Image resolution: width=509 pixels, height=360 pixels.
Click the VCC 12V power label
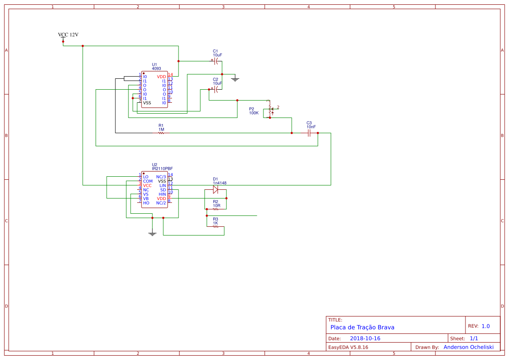click(x=68, y=35)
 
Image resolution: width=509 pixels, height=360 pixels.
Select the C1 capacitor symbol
click(x=216, y=61)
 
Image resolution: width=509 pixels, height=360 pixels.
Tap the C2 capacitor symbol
click(x=216, y=90)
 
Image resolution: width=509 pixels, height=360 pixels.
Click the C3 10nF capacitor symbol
click(x=309, y=133)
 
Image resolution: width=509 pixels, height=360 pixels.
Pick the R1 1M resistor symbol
click(x=161, y=133)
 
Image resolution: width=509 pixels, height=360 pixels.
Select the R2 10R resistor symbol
click(x=216, y=209)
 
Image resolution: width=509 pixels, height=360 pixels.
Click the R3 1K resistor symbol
click(x=216, y=227)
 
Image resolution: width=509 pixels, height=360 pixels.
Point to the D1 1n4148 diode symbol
click(x=216, y=189)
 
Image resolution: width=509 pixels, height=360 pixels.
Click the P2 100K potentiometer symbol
click(x=270, y=109)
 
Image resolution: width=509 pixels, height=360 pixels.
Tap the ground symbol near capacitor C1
click(x=235, y=79)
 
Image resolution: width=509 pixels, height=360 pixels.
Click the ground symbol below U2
click(x=152, y=234)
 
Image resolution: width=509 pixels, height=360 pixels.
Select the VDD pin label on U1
click(x=161, y=77)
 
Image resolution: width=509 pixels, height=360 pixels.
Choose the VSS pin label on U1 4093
click(x=147, y=103)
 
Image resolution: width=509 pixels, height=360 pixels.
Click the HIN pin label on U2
click(x=162, y=194)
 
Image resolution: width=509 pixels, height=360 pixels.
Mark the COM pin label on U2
click(x=148, y=181)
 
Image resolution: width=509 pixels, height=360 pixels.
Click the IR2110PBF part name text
click(x=162, y=168)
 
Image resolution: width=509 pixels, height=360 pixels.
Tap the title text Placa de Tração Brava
click(x=362, y=327)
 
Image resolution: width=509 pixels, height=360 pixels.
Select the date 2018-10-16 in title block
click(x=365, y=338)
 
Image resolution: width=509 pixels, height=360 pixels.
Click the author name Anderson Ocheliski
click(x=469, y=347)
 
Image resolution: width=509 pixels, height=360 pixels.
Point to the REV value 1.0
click(x=485, y=326)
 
